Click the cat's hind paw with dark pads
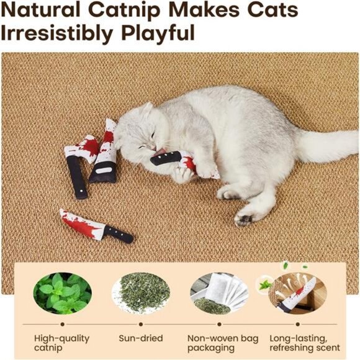click(244, 218)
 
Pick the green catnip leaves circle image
click(62, 293)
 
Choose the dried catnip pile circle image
click(140, 293)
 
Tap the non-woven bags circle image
click(219, 293)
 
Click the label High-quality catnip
click(62, 343)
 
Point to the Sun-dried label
click(140, 338)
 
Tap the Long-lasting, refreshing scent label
click(304, 343)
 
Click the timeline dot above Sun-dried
click(140, 323)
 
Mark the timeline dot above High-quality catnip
click(62, 323)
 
